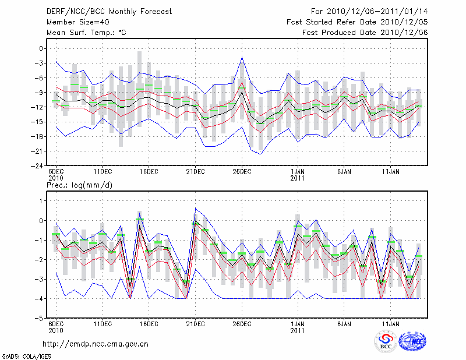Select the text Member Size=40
point(75,22)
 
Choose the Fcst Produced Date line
point(365,32)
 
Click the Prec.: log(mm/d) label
point(79,185)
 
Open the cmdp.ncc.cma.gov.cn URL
point(96,344)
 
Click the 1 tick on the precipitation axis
point(40,201)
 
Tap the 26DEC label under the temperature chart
point(242,172)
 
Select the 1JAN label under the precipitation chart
point(298,324)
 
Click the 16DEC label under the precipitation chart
point(149,324)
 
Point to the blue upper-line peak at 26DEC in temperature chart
point(242,57)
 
